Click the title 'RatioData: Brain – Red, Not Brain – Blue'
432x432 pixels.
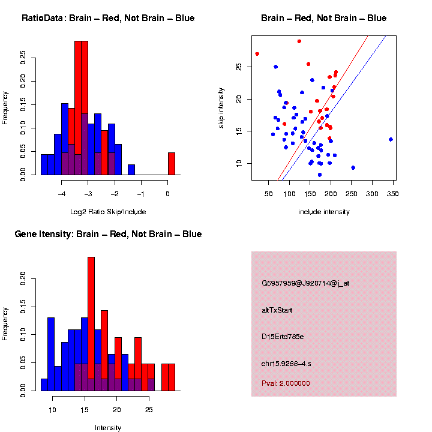pos(108,18)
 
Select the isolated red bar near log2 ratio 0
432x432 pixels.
pos(172,163)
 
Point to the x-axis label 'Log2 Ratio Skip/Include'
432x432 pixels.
pos(108,211)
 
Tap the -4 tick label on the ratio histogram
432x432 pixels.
pos(62,194)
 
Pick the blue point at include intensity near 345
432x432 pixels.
pos(391,139)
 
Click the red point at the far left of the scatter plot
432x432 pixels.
pos(257,54)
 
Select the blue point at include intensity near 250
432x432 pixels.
pos(353,168)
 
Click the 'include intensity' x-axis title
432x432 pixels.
pos(324,212)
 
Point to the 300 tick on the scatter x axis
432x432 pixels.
pos(372,194)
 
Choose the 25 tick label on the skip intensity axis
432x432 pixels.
pos(239,67)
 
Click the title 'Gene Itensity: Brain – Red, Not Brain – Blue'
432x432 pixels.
pos(108,234)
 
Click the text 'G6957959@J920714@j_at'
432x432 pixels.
pos(305,283)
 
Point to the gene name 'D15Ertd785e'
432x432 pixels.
pos(283,337)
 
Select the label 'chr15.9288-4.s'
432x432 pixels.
pos(286,364)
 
